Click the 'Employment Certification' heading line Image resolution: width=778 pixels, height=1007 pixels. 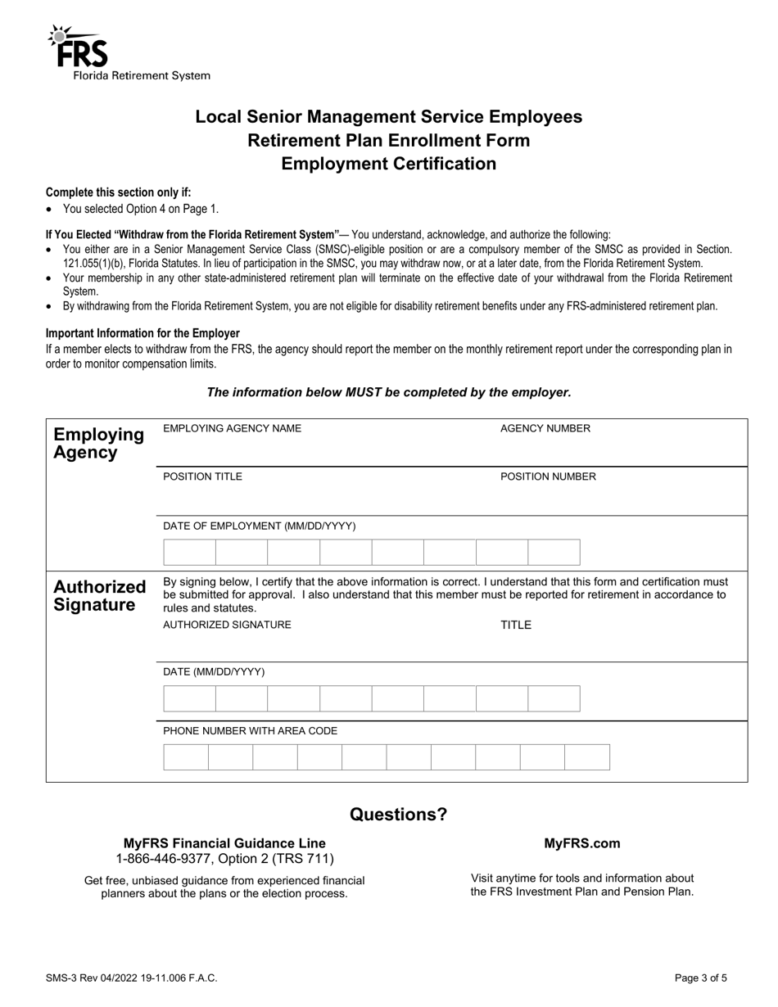[388, 164]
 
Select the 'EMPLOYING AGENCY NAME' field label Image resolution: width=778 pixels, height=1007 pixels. [232, 428]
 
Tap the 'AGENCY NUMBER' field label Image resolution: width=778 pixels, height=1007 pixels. [545, 428]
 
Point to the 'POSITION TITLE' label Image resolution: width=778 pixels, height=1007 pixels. [202, 476]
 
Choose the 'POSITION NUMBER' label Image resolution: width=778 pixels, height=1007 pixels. [548, 476]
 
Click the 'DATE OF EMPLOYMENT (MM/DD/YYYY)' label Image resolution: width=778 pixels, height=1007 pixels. [259, 526]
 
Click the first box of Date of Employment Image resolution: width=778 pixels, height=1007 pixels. [189, 553]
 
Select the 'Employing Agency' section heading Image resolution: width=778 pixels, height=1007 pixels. [98, 443]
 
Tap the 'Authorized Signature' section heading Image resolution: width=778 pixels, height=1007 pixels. [99, 596]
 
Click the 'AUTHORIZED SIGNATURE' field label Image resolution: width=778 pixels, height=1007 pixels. [227, 625]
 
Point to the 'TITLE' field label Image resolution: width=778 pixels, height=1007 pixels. [516, 625]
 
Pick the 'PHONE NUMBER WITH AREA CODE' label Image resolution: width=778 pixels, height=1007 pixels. [250, 730]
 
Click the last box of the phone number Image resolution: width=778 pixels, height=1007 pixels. [587, 757]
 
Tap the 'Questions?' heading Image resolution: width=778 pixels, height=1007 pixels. [399, 815]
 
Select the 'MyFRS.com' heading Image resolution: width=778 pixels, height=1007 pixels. [581, 843]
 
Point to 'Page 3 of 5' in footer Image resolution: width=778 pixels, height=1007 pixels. [700, 978]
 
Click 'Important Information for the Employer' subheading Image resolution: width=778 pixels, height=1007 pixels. [142, 333]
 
